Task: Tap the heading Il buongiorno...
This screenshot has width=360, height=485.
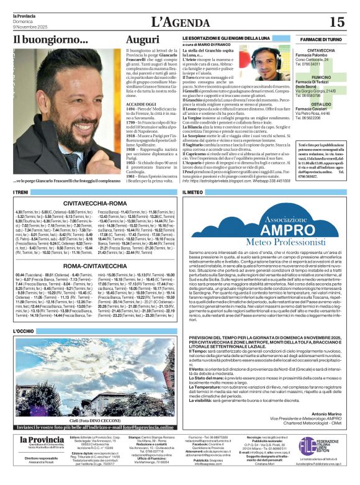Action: coord(51,40)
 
